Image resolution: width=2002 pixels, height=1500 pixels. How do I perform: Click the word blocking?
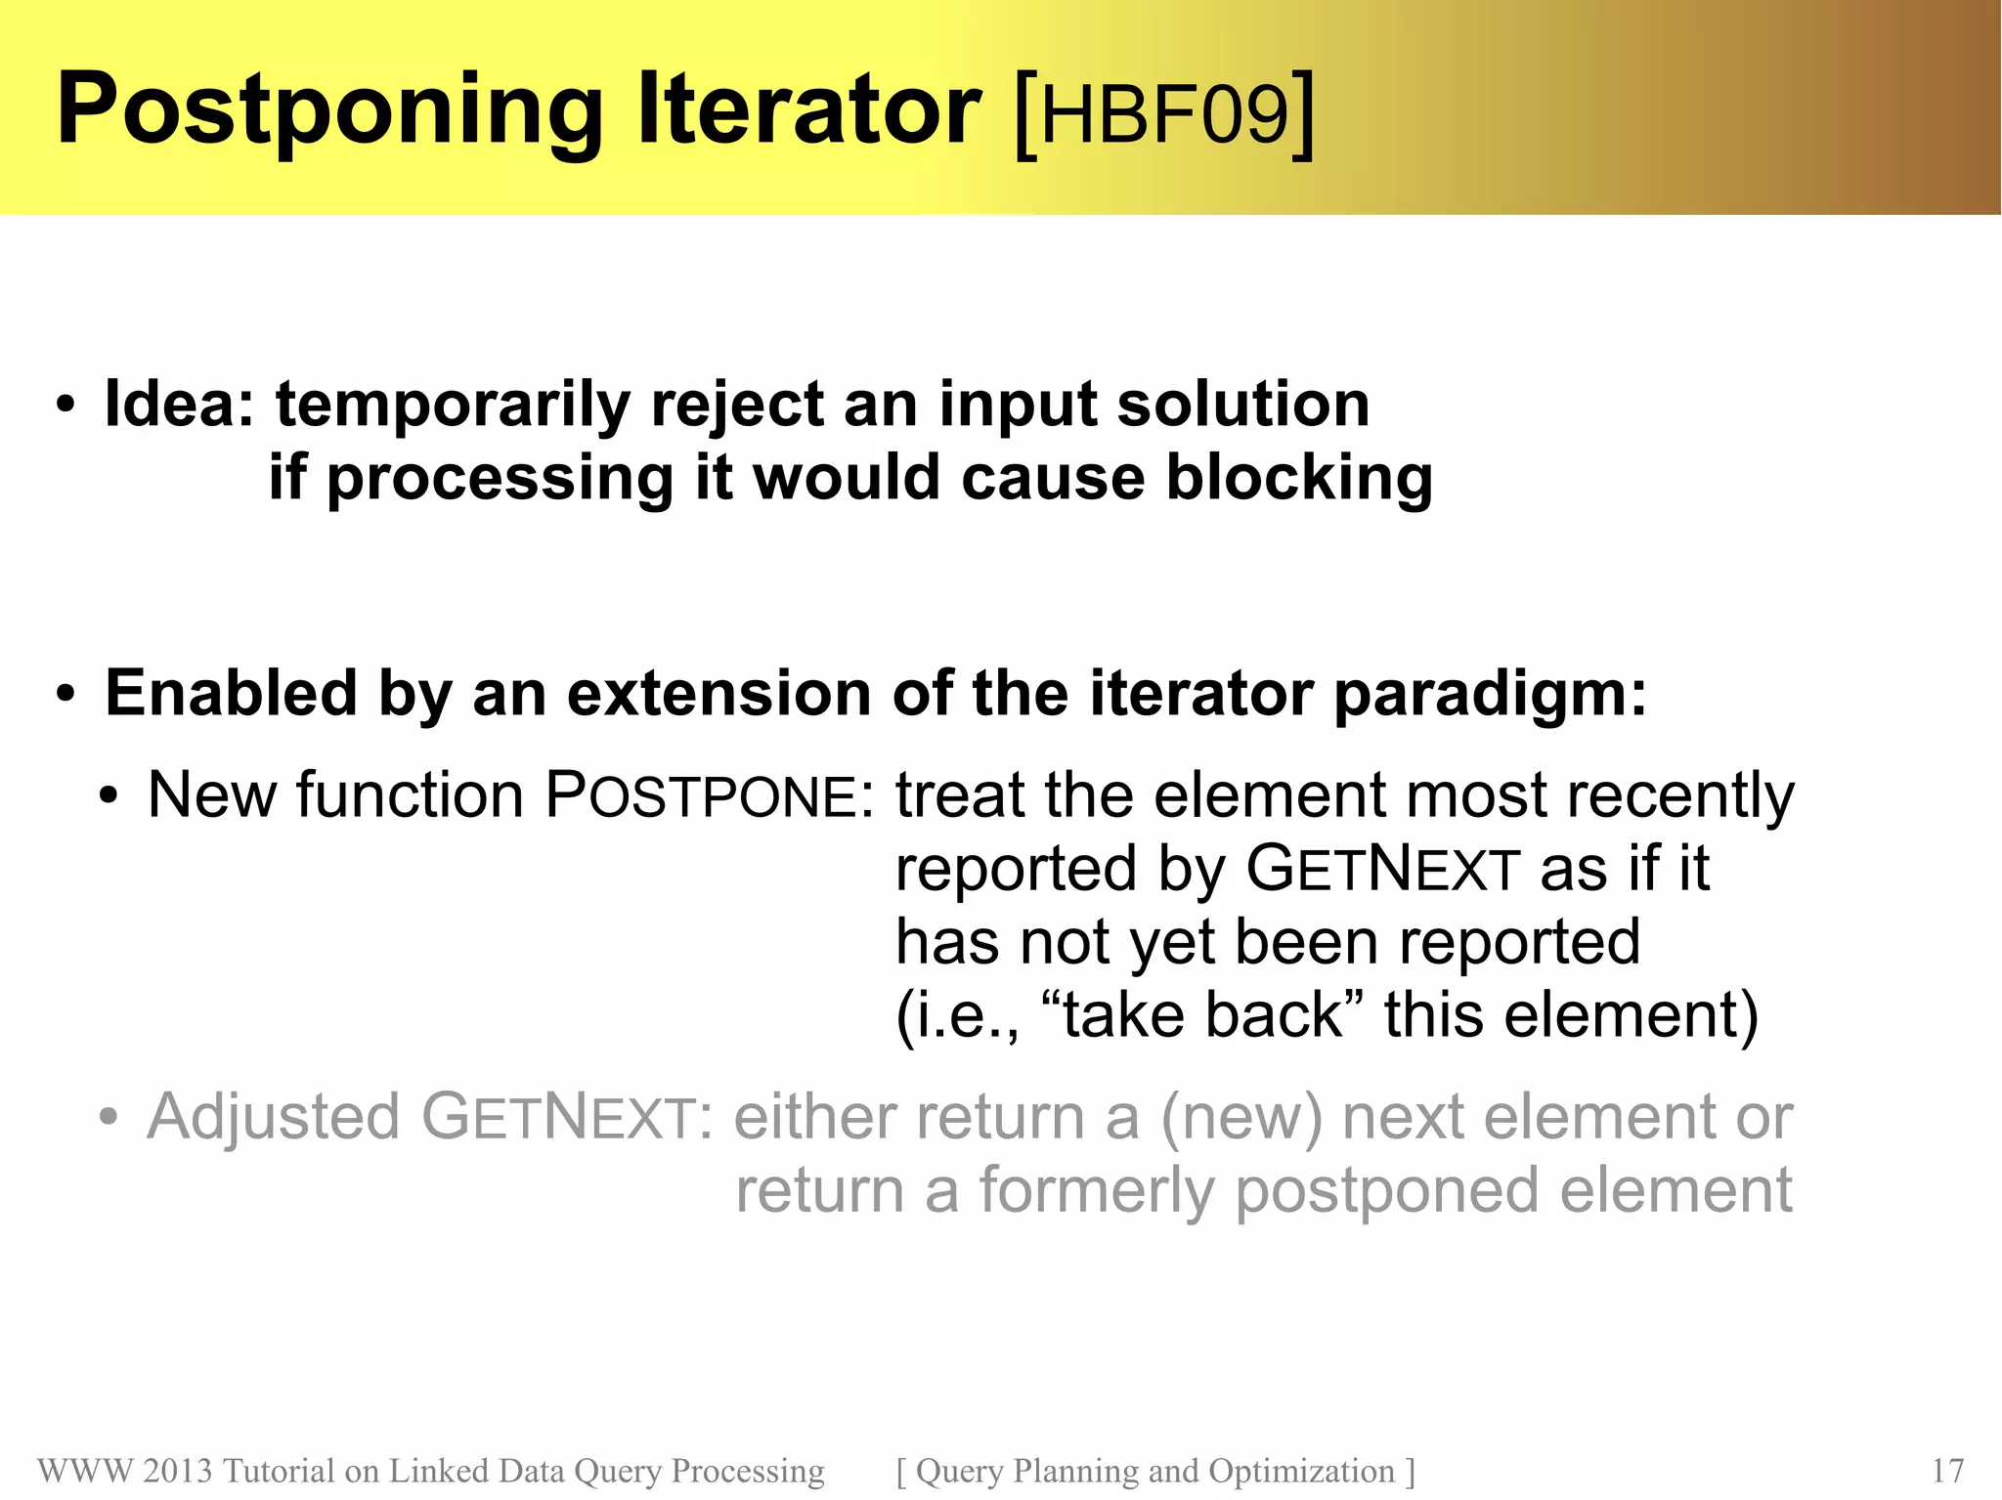pos(1299,479)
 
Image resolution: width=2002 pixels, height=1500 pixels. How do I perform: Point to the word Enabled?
pos(230,693)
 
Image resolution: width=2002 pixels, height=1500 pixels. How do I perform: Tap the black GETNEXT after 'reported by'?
pos(1382,869)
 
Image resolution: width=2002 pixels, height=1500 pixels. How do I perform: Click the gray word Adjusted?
pos(273,1118)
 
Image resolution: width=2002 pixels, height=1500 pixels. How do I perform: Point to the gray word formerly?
pos(1096,1192)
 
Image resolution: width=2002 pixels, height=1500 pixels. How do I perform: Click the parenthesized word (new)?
pos(1241,1118)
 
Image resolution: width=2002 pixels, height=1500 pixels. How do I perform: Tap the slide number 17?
pos(1947,1471)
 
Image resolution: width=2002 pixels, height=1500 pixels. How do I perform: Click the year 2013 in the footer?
pos(177,1471)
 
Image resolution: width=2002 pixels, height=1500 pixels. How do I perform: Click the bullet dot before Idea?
pos(65,406)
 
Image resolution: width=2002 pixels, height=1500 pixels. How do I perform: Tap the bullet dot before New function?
pos(109,796)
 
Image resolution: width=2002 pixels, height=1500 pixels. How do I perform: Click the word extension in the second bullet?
pos(718,693)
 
